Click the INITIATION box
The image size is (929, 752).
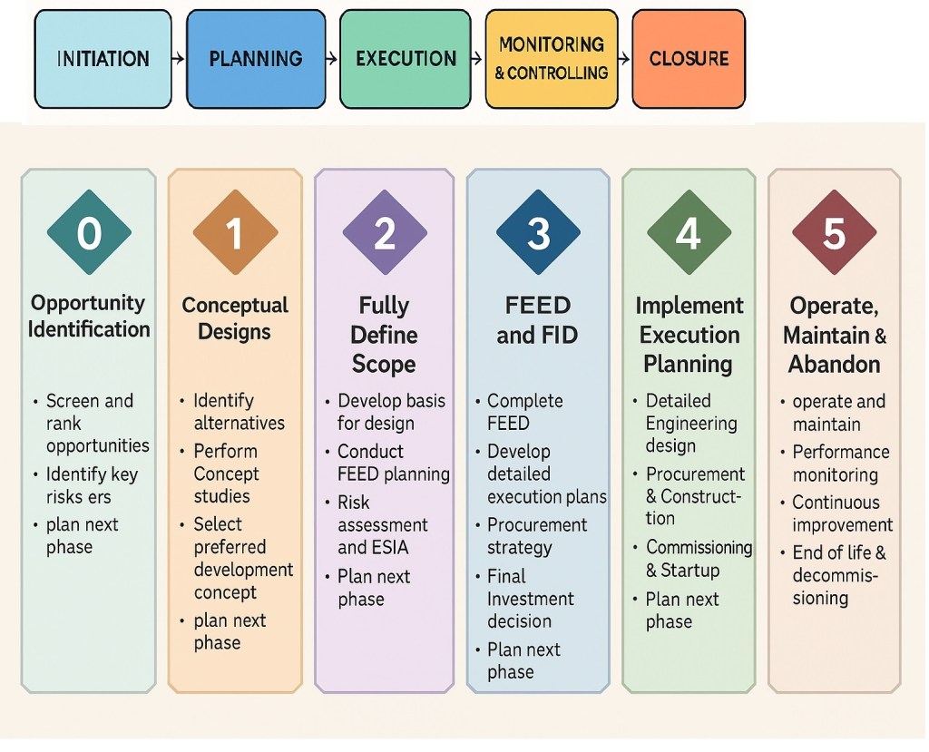[x=103, y=59]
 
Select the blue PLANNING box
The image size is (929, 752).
[x=255, y=59]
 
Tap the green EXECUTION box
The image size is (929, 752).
[x=406, y=59]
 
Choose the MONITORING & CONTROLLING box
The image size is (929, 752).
[x=551, y=59]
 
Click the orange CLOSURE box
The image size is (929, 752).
[x=689, y=59]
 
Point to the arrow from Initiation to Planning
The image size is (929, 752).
[x=179, y=59]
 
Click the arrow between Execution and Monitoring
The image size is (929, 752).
[x=477, y=59]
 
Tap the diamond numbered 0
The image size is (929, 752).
[x=89, y=233]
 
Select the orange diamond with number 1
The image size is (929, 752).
[x=235, y=233]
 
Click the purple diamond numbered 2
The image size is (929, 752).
[x=385, y=233]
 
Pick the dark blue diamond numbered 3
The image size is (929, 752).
[x=538, y=233]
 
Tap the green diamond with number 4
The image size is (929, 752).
[x=689, y=233]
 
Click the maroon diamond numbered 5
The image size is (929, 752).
[x=834, y=233]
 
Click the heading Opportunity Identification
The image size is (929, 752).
[x=89, y=316]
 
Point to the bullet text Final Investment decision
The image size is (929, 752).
[x=531, y=599]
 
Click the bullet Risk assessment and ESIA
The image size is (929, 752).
[x=383, y=524]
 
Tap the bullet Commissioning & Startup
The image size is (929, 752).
[x=699, y=559]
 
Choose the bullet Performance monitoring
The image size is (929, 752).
[x=841, y=463]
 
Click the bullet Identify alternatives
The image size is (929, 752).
[x=239, y=411]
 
